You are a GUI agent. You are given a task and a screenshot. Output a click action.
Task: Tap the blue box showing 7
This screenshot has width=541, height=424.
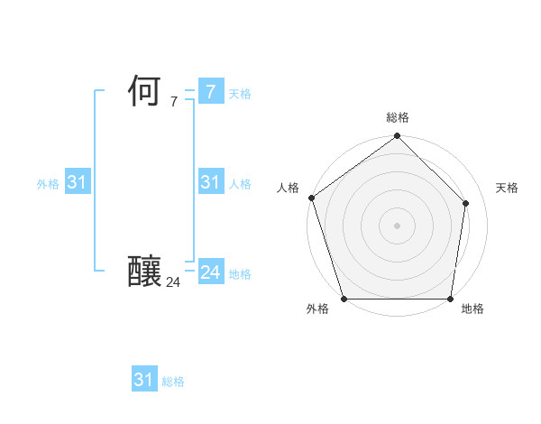(210, 92)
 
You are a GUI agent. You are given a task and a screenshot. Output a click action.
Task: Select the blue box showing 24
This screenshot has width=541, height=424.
(210, 272)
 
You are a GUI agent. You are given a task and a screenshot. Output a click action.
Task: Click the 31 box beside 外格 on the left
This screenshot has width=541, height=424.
(77, 182)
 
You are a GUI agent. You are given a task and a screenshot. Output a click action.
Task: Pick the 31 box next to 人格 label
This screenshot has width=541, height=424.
(210, 182)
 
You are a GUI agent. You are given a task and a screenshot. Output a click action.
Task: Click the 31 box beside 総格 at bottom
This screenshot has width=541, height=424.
(143, 380)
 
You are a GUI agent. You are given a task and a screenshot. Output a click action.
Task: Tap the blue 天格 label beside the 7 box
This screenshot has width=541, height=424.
(240, 94)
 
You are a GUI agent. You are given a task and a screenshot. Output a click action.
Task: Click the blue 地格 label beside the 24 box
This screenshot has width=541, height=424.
(240, 274)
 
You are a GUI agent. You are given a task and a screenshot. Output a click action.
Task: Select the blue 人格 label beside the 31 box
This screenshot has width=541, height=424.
(240, 184)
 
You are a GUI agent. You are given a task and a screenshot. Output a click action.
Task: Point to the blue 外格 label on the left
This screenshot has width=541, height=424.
(48, 184)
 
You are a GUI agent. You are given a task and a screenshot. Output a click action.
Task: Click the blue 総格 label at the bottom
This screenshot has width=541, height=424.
(173, 382)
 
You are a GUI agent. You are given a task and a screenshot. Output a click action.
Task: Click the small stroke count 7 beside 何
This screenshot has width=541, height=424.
(174, 102)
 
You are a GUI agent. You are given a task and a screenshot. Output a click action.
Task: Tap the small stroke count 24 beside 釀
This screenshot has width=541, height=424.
(173, 282)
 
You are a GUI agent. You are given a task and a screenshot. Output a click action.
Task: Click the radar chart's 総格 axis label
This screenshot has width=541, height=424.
(397, 117)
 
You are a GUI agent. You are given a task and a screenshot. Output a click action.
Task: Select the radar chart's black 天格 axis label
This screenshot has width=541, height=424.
(507, 188)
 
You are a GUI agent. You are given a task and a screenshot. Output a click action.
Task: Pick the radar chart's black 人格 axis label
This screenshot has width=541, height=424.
(288, 188)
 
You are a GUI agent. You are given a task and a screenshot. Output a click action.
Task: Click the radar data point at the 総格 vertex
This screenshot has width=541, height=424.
(397, 137)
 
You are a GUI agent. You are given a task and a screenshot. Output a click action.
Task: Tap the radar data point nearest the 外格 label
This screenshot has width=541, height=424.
(344, 299)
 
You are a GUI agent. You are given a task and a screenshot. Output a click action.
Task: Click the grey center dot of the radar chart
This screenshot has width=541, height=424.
(397, 225)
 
